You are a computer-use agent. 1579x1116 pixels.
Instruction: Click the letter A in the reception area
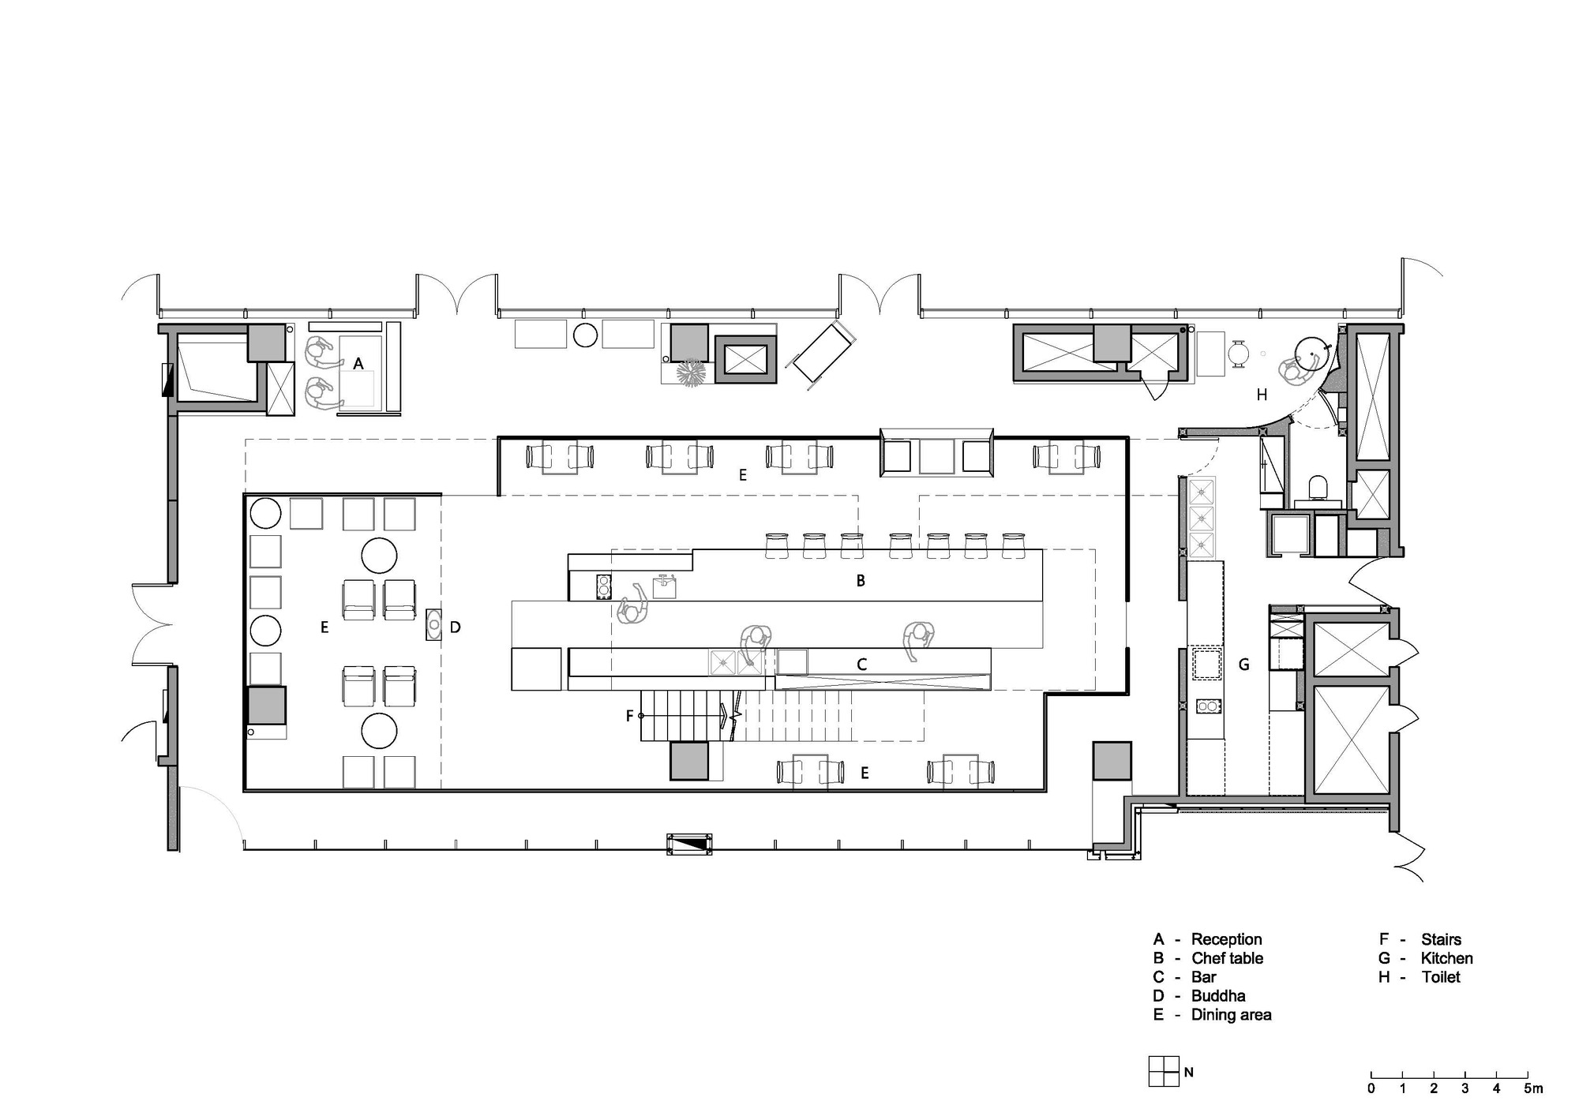click(x=358, y=364)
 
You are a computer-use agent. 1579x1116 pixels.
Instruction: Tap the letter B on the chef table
click(x=861, y=581)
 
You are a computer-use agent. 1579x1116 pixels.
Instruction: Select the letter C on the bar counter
click(x=862, y=665)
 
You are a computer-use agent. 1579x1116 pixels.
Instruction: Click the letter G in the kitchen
click(x=1243, y=665)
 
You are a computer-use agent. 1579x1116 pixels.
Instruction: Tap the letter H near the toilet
click(x=1262, y=395)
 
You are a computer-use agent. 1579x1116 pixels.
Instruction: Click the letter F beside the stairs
click(x=629, y=716)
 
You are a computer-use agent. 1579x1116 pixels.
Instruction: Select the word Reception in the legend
click(x=1226, y=939)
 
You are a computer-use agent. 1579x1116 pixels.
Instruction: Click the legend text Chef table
click(x=1227, y=958)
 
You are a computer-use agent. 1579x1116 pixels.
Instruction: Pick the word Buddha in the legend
click(x=1218, y=996)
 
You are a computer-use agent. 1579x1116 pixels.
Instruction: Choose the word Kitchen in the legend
click(x=1446, y=958)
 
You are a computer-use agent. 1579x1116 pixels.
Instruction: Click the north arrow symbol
click(x=1164, y=1072)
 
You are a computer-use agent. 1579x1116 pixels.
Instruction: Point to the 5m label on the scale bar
click(x=1532, y=1089)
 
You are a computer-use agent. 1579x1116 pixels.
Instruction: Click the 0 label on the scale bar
click(x=1371, y=1089)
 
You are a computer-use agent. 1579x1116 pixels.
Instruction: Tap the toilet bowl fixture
click(x=1316, y=487)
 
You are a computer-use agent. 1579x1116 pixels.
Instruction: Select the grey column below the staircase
click(x=689, y=761)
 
